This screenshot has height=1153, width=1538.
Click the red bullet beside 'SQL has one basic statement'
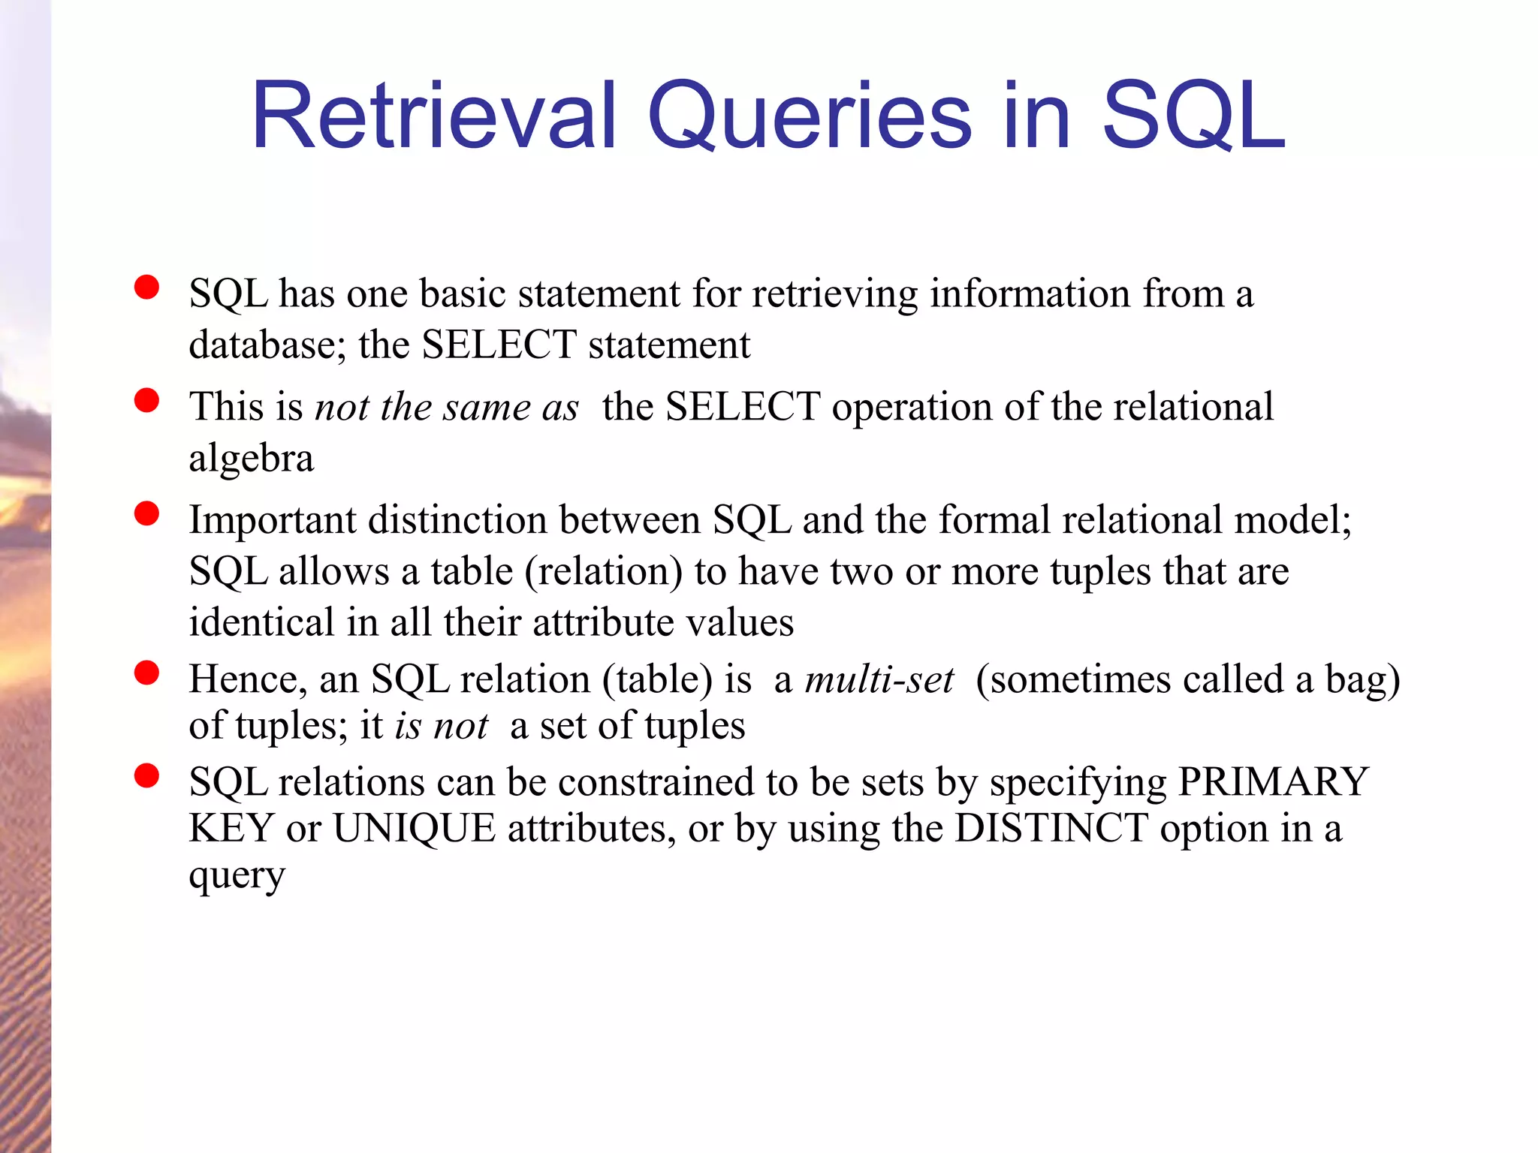click(146, 287)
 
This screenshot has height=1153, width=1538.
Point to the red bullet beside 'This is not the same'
click(146, 400)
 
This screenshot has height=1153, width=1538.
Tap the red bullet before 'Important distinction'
click(146, 513)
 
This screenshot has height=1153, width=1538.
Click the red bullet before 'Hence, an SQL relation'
click(146, 673)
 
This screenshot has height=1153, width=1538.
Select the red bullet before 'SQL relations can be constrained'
click(146, 775)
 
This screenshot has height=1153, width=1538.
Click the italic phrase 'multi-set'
click(879, 679)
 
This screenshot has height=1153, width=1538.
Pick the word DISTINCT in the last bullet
click(1051, 829)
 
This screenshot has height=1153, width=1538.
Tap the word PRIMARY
click(1273, 782)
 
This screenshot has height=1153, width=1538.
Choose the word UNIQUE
click(414, 829)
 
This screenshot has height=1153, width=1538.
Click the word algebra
click(251, 459)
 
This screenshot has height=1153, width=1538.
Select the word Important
click(273, 519)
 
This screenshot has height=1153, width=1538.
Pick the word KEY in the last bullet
click(231, 829)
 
